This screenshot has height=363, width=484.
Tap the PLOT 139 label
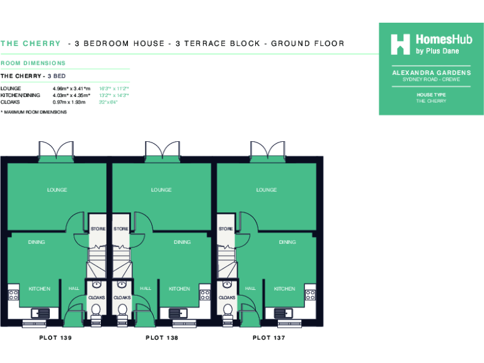pyautogui.click(x=55, y=338)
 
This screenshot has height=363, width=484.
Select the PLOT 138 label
pyautogui.click(x=162, y=338)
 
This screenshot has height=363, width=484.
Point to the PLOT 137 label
pyautogui.click(x=269, y=338)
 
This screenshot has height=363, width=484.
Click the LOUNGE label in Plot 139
pyautogui.click(x=57, y=190)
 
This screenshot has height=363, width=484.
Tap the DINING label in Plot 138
pyautogui.click(x=182, y=242)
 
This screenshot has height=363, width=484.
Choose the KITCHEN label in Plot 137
pyautogui.click(x=284, y=289)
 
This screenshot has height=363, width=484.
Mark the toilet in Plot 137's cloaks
pyautogui.click(x=227, y=309)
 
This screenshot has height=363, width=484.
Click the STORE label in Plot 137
pyautogui.click(x=226, y=229)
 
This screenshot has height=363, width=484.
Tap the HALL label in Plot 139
pyautogui.click(x=74, y=289)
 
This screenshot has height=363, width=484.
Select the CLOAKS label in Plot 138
pyautogui.click(x=122, y=297)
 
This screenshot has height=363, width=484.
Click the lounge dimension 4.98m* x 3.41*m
pyautogui.click(x=72, y=89)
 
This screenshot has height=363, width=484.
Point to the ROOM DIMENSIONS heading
pyautogui.click(x=33, y=63)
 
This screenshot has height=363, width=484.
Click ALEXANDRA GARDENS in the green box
pyautogui.click(x=431, y=73)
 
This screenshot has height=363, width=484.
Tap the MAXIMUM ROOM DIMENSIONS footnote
pyautogui.click(x=34, y=112)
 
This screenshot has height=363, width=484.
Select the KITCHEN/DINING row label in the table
pyautogui.click(x=20, y=95)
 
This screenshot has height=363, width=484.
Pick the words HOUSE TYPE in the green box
pyautogui.click(x=431, y=95)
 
